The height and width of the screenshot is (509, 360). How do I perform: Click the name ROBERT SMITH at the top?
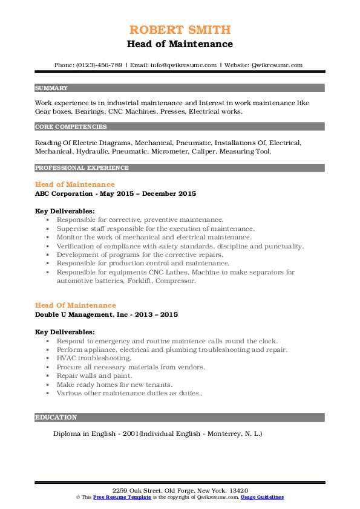180,30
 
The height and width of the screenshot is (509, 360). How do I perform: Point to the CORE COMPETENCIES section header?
71,127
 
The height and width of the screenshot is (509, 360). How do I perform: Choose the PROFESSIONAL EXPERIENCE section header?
82,167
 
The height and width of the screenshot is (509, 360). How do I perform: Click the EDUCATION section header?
56,417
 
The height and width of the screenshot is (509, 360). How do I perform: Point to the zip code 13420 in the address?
238,490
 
